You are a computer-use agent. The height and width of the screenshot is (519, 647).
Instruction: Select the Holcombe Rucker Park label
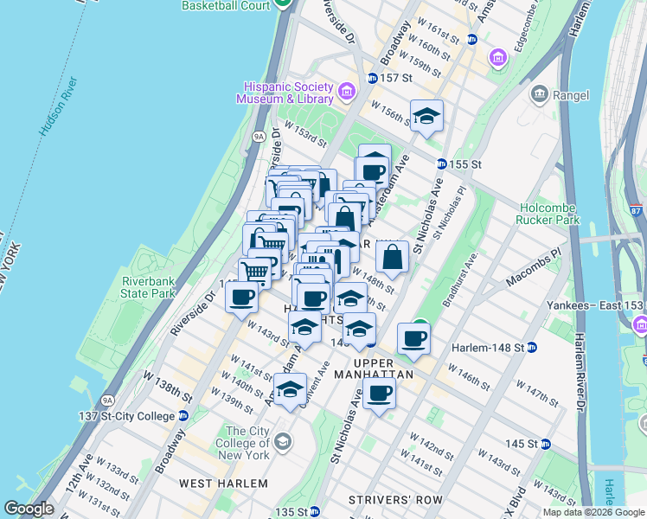[561, 214]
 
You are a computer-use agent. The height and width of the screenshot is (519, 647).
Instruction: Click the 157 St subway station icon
[372, 78]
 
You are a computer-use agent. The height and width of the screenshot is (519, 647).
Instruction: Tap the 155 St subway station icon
[441, 163]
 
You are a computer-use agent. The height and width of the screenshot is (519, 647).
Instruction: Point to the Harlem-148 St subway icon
[533, 348]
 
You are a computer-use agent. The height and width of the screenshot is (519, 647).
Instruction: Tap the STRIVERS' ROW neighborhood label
[395, 500]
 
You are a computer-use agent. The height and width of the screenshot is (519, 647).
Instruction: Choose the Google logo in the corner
[29, 509]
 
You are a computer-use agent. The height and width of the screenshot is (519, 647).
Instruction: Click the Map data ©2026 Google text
[593, 512]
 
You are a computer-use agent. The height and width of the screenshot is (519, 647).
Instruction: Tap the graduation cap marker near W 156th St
[426, 117]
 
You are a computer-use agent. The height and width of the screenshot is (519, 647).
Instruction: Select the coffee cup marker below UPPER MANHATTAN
[379, 394]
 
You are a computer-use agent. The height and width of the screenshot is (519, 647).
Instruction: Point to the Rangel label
[572, 95]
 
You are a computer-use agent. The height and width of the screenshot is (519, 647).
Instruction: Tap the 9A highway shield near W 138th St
[107, 400]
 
